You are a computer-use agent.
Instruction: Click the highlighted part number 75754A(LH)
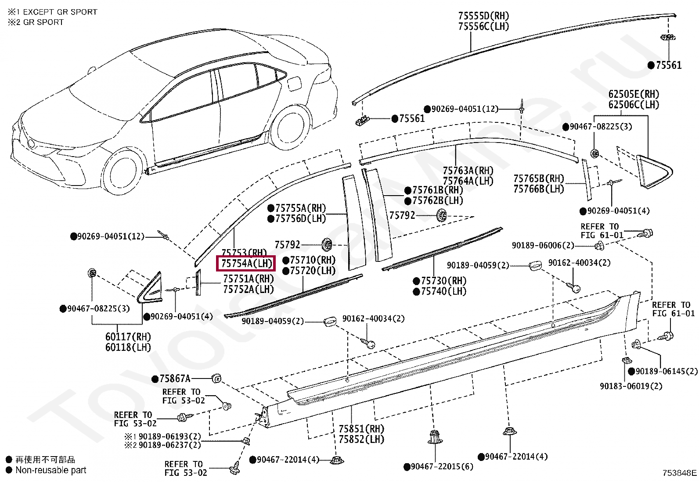[246, 264]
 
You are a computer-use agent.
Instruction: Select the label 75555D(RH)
[483, 16]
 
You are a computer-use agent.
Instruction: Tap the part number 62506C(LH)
[634, 104]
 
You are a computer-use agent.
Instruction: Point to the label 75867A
[175, 378]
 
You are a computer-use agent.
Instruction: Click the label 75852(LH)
[361, 439]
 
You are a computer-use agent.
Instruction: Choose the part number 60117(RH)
[128, 337]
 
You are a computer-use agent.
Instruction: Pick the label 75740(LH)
[443, 292]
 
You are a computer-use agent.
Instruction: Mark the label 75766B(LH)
[539, 189]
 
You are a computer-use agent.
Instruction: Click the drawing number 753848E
[679, 473]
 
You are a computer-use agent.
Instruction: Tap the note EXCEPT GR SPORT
[60, 12]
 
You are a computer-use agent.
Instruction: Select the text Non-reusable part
[51, 470]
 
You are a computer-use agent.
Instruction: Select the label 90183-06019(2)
[631, 386]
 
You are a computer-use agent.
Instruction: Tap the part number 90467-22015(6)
[442, 466]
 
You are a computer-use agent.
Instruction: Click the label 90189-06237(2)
[170, 445]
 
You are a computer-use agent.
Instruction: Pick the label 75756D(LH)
[300, 218]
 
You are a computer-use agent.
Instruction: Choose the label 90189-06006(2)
[543, 245]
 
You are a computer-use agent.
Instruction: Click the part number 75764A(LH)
[468, 181]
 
